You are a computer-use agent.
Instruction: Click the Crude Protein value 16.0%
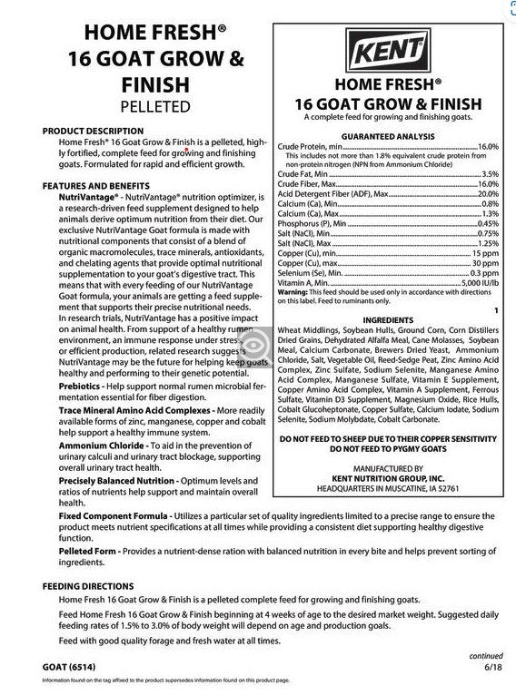point(488,146)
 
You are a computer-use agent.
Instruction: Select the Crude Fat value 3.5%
point(490,173)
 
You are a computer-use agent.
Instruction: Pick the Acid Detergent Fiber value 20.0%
point(488,193)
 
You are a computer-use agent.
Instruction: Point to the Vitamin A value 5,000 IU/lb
point(478,283)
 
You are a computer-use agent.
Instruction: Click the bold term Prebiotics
point(80,387)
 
